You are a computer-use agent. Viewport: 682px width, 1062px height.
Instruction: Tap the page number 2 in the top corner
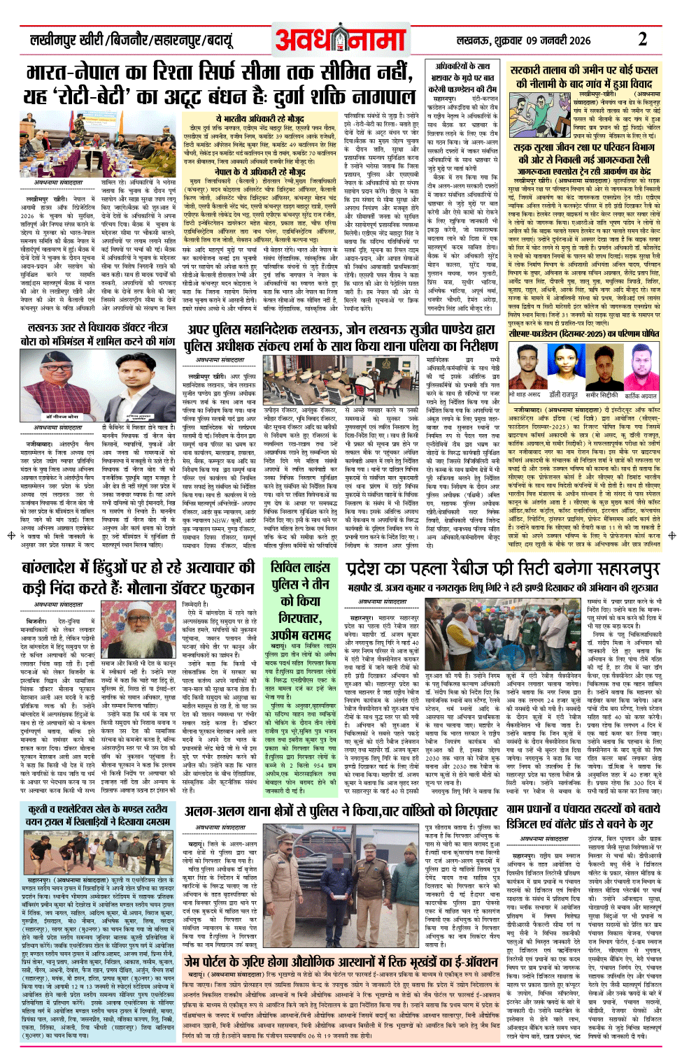pyautogui.click(x=642, y=39)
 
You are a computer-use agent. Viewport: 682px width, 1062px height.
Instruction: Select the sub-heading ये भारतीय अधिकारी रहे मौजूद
pyautogui.click(x=260, y=120)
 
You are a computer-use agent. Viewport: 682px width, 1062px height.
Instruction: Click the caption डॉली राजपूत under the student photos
pyautogui.click(x=563, y=395)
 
